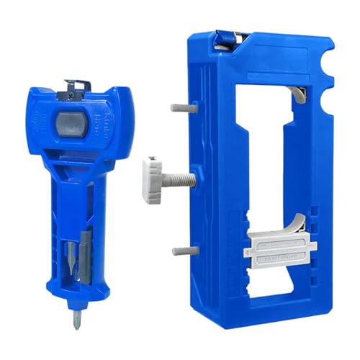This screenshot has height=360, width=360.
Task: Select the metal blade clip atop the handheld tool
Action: [x=72, y=86]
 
